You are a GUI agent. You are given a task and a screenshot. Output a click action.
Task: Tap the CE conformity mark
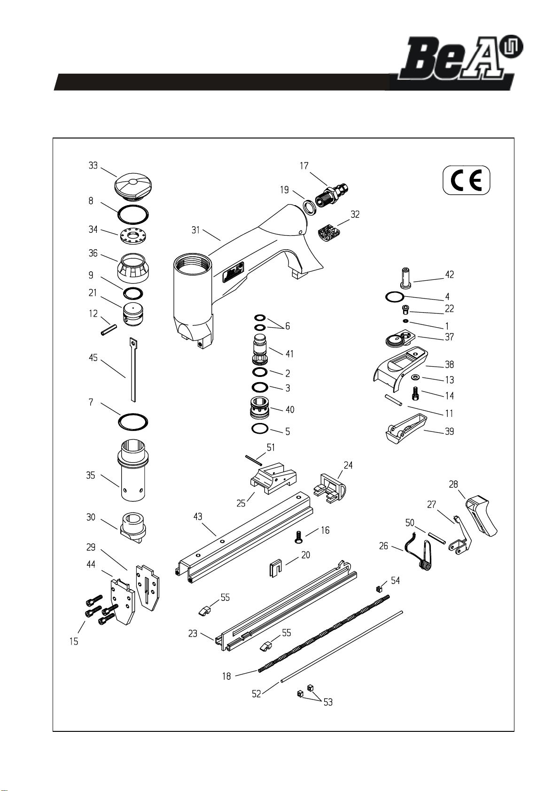pos(467,180)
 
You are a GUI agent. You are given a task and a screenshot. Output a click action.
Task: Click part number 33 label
pos(93,166)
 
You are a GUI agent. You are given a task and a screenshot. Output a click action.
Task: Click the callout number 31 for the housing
pos(196,230)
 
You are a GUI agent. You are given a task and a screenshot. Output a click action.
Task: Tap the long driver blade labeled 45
pos(133,370)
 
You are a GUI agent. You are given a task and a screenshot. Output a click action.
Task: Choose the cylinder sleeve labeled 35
pos(133,471)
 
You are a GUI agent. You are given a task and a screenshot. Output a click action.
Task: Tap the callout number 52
pos(257,694)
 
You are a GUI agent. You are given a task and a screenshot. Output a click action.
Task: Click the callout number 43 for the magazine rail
pos(198,517)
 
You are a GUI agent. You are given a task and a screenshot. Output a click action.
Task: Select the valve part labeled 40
pos(260,407)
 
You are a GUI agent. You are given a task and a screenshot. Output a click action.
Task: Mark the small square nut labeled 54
pos(379,589)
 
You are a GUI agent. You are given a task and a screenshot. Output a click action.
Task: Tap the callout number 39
pos(449,431)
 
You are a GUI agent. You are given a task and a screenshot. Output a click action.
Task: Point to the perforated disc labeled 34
pos(133,236)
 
